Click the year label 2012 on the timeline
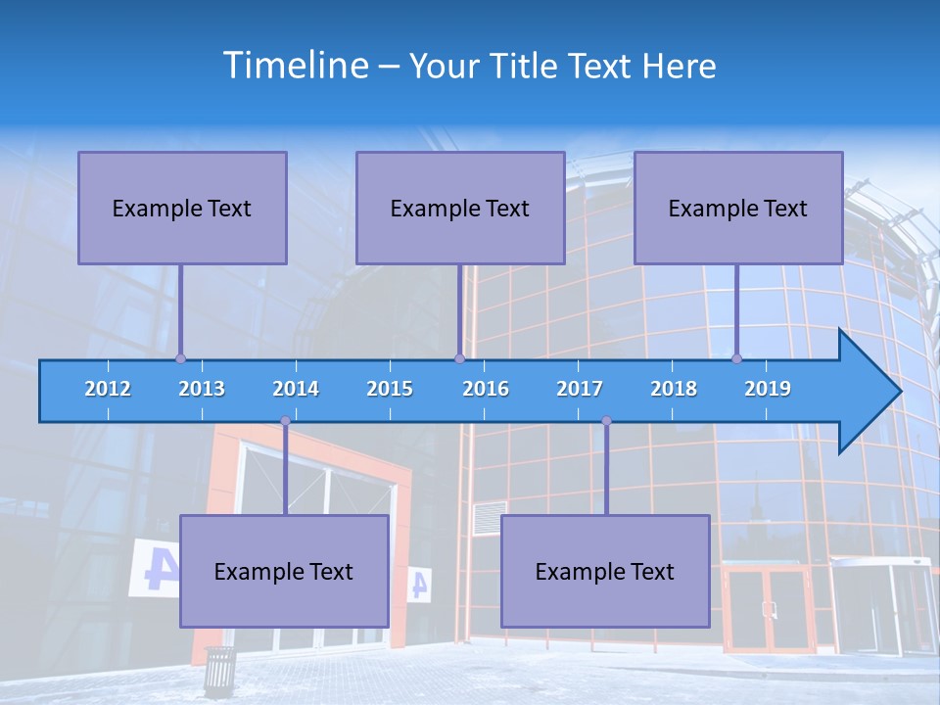tap(108, 389)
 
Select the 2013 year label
tap(202, 389)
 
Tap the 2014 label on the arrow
tap(296, 389)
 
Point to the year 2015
tap(390, 389)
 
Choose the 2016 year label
tap(486, 389)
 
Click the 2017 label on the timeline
tap(580, 389)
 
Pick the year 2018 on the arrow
tap(674, 389)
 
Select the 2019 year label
tap(768, 389)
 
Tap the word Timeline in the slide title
tap(295, 66)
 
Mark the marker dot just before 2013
tap(180, 358)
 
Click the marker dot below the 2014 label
tap(285, 421)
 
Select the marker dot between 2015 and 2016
tap(459, 358)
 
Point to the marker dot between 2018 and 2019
tap(736, 358)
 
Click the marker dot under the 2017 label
tap(606, 421)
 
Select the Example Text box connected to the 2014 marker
tap(284, 571)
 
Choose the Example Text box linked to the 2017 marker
tap(605, 571)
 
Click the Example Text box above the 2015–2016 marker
tap(460, 208)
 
